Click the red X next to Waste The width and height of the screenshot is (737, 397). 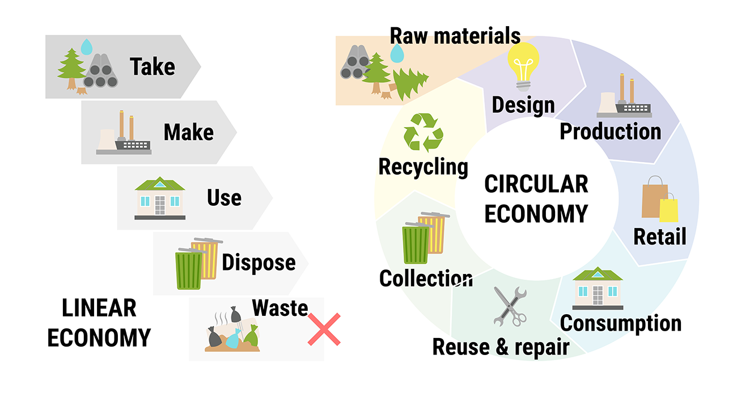324,329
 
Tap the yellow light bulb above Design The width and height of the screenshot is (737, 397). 523,66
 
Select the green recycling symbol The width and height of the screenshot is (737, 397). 423,132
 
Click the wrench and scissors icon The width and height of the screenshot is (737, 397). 510,306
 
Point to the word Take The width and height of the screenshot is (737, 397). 153,67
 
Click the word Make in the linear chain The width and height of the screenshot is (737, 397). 189,133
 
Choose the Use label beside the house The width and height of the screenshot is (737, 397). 224,198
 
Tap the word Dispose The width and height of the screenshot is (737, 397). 259,263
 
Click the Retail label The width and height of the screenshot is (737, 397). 659,236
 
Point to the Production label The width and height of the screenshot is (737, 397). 611,132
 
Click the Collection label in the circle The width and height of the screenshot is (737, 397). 425,278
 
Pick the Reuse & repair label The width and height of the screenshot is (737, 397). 501,347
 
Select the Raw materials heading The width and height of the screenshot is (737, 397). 455,36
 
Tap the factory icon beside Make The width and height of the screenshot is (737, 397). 124,134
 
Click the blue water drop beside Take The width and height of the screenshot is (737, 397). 86,46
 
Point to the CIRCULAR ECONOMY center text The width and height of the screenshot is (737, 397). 536,199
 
